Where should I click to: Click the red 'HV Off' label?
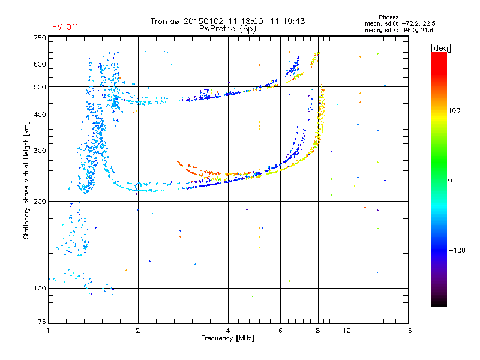pos(64,27)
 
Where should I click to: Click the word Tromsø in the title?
pos(164,21)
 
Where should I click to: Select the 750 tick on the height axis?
pos(40,38)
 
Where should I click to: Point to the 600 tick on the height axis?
pos(40,64)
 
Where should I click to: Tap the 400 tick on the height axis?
pos(40,115)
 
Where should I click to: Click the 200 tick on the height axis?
pos(40,201)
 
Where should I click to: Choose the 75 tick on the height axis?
pos(41,322)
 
